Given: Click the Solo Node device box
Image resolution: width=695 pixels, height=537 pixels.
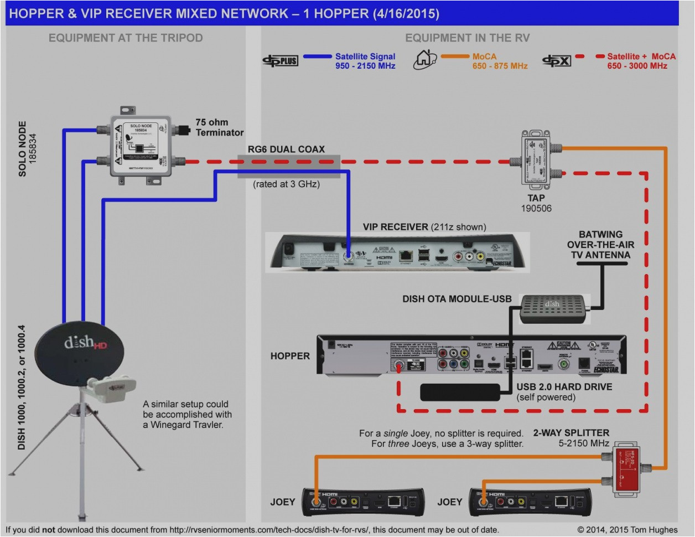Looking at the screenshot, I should click(x=142, y=146).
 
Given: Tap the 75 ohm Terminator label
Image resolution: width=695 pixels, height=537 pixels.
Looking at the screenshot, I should click(x=219, y=127).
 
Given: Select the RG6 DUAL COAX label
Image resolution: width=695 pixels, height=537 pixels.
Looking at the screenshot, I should click(x=286, y=149).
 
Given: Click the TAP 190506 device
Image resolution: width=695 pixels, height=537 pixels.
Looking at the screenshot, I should click(x=535, y=157).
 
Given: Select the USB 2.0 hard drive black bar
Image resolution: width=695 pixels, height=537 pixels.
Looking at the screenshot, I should click(x=460, y=391).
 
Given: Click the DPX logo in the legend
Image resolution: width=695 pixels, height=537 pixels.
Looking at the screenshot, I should click(x=556, y=61).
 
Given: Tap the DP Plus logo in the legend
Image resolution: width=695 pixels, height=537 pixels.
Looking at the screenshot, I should click(x=280, y=61).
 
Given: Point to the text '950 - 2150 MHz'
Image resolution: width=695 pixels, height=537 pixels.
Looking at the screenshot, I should click(x=365, y=66).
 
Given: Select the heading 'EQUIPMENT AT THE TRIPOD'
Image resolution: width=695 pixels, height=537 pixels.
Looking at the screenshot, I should click(x=126, y=38).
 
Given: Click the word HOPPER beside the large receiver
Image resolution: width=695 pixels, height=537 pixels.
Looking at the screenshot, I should click(x=290, y=356).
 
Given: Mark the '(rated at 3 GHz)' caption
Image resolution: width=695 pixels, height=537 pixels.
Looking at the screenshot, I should click(x=286, y=184).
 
